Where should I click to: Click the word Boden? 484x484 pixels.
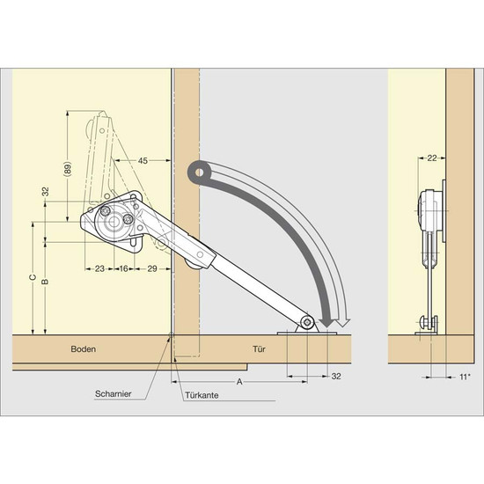pos(84,349)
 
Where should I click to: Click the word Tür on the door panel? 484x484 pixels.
pos(259,349)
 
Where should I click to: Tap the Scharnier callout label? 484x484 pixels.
pos(113,394)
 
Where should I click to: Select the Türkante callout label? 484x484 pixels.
pos(202,395)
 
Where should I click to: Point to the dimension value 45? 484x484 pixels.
pos(143,160)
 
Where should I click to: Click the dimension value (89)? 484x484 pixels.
pos(69,169)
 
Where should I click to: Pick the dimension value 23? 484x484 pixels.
pos(99,269)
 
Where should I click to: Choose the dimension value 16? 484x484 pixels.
pos(123,269)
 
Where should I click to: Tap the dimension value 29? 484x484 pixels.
pos(152,269)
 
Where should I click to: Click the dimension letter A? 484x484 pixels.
pos(239,382)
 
